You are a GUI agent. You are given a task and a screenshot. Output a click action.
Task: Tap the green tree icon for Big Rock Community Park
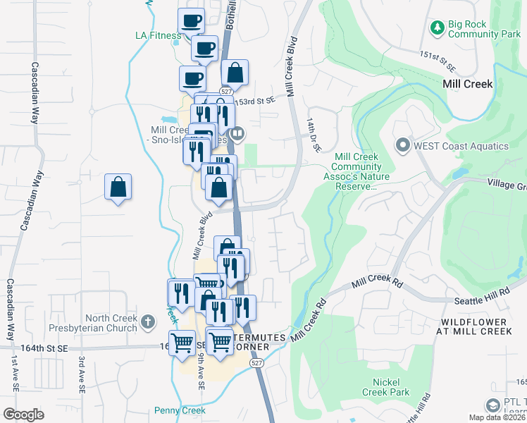coord(437,27)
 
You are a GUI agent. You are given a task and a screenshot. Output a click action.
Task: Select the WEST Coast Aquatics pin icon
coord(403,146)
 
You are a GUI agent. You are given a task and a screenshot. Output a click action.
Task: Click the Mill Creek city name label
coord(467,83)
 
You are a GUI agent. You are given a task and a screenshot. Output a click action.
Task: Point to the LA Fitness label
coord(158,35)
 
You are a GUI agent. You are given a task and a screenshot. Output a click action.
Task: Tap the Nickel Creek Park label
coord(385,386)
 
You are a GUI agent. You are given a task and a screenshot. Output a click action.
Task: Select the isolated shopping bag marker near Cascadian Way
coord(118,188)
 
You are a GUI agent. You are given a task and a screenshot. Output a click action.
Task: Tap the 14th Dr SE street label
coord(314,136)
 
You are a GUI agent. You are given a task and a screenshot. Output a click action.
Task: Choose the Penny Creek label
coord(180,410)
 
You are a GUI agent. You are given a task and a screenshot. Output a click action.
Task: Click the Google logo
coord(23,415)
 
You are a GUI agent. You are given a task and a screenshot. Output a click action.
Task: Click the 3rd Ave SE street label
coord(82,374)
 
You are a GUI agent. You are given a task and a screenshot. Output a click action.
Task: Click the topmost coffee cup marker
coord(190,20)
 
